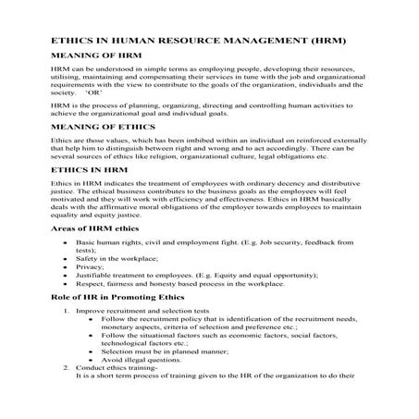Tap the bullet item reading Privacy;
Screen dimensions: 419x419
[x=92, y=267]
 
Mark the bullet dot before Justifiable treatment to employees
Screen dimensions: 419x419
[x=63, y=276]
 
